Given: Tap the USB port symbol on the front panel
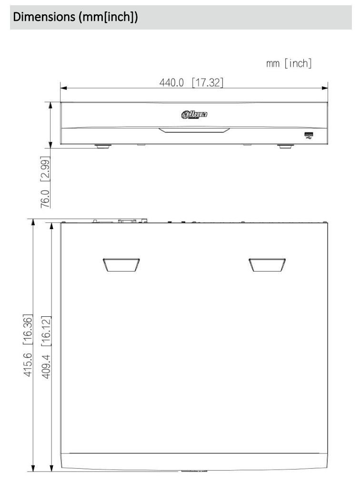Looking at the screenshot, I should point(309,137).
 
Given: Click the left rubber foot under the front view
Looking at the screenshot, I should point(102,146).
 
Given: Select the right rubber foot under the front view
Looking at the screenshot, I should point(285,146).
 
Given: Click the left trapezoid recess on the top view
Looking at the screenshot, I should point(121,265).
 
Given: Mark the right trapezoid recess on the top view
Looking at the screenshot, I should point(268,265).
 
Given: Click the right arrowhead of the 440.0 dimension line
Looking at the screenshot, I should point(325,88).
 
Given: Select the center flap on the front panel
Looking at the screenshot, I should point(194,130).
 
